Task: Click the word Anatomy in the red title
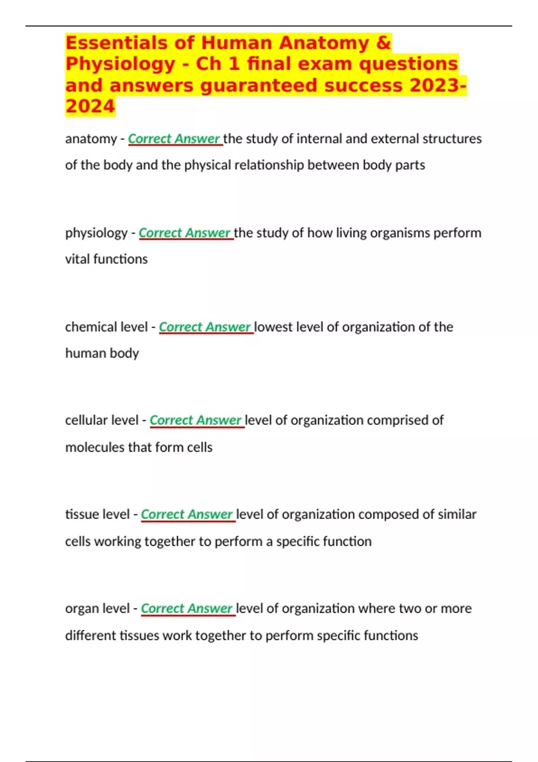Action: click(x=324, y=43)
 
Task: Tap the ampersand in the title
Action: click(x=383, y=43)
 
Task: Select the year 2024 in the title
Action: click(x=90, y=107)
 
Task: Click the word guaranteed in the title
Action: click(x=258, y=85)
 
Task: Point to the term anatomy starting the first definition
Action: click(x=91, y=139)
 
